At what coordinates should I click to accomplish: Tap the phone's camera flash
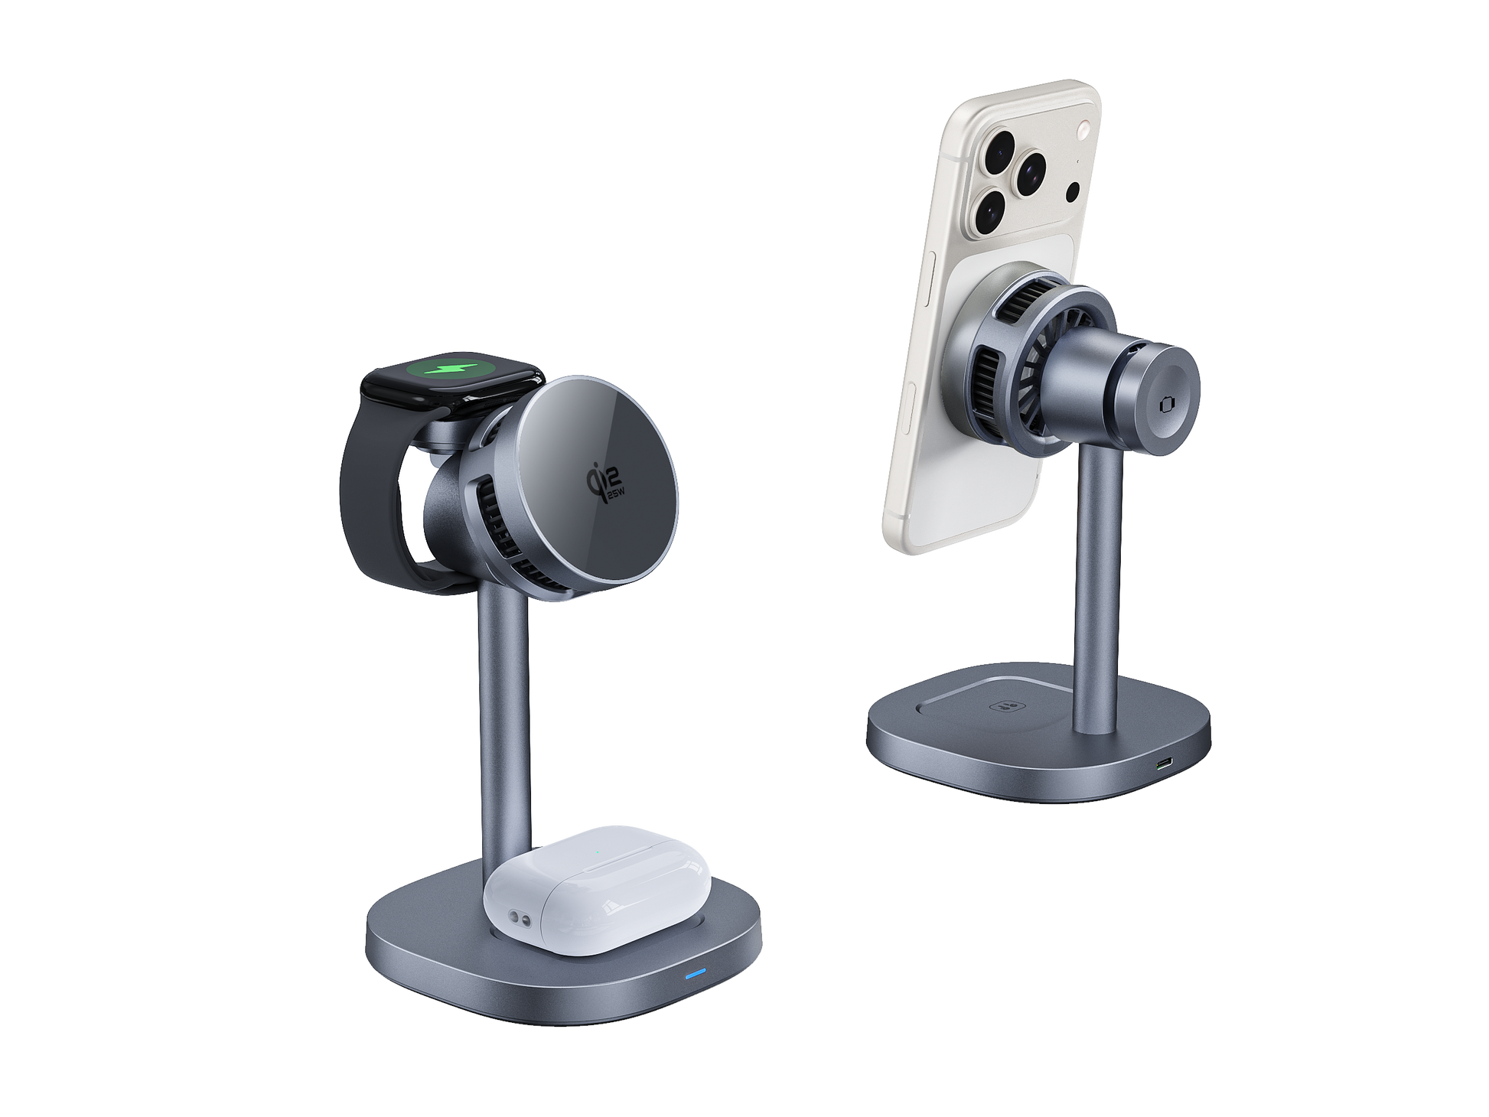click(1083, 130)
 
